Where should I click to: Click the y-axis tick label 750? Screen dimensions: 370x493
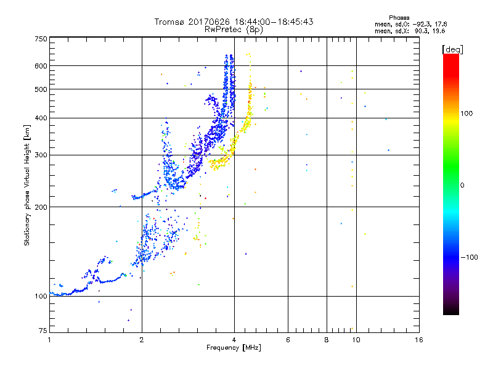[41, 38]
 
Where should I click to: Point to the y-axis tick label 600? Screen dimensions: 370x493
[41, 66]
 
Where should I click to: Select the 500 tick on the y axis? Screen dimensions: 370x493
[41, 89]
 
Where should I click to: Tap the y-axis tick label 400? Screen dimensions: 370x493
[41, 118]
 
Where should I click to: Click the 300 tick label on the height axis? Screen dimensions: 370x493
[41, 155]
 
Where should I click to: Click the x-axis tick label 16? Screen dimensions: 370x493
[418, 340]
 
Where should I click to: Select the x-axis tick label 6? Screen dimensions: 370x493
[288, 340]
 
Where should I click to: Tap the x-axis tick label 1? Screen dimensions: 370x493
[49, 340]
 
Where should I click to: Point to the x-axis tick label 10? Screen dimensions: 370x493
[356, 340]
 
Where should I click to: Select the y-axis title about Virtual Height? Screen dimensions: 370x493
[27, 186]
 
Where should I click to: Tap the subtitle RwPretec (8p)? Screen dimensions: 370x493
[234, 29]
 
